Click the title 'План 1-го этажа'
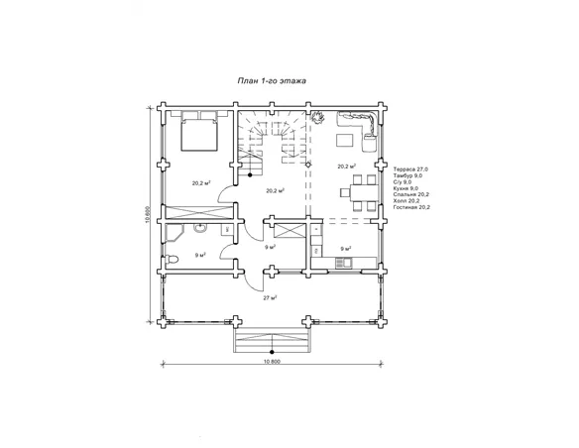point(272,81)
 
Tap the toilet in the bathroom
point(172,260)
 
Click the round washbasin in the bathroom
point(200,228)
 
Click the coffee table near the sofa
point(344,141)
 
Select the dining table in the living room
point(364,193)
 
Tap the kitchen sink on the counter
point(343,263)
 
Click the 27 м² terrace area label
point(271,297)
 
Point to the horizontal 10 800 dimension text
point(272,362)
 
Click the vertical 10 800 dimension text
point(148,214)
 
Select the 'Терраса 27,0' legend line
point(410,169)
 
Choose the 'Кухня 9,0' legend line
point(405,188)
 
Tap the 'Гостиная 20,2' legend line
point(411,207)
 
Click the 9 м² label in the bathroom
point(200,255)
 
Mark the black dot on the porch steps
point(272,352)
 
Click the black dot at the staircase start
point(250,174)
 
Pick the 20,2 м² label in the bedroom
point(201,183)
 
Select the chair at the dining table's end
point(345,192)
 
